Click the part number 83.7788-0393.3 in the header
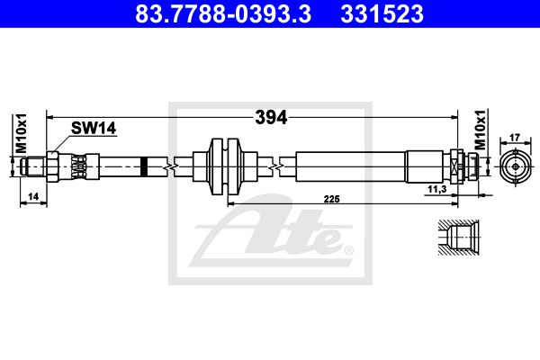tap(223, 13)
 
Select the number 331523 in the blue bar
tap(382, 13)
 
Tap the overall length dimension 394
tap(271, 118)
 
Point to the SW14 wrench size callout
tap(94, 128)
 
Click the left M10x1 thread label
tap(21, 133)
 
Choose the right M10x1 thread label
tap(480, 130)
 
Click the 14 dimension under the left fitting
tap(33, 197)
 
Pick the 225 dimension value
tap(331, 199)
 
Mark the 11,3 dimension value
tap(437, 189)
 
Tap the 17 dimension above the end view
tap(515, 138)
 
